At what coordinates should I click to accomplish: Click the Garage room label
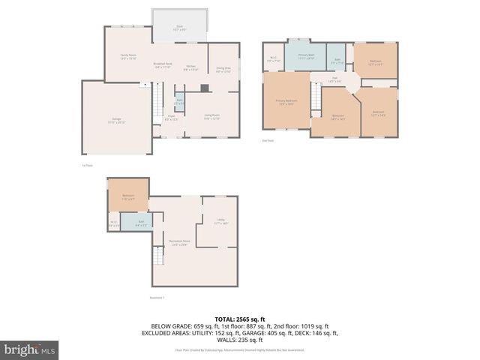tap(117, 121)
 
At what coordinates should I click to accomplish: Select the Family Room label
tap(128, 56)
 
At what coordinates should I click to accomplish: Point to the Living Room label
tap(212, 116)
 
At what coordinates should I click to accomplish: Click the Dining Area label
tap(223, 70)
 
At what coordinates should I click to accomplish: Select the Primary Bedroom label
tap(286, 102)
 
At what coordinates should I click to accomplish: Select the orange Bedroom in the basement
tap(128, 196)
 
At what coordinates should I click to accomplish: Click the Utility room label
tap(220, 221)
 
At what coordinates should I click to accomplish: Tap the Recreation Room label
tap(178, 242)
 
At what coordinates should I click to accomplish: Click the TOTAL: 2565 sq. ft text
tap(240, 319)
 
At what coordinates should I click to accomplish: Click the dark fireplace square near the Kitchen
tap(205, 87)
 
